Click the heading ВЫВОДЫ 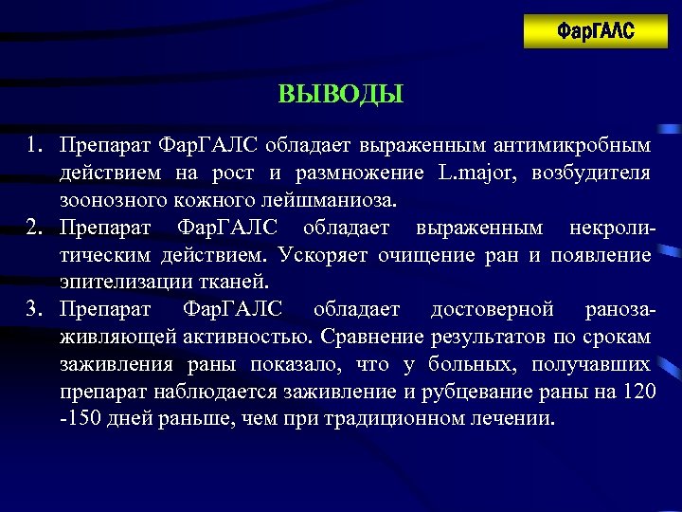pyautogui.click(x=341, y=95)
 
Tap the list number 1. pyautogui.click(x=34, y=146)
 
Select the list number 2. pyautogui.click(x=34, y=229)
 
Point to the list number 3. pyautogui.click(x=34, y=310)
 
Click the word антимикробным pyautogui.click(x=585, y=146)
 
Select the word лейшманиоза pyautogui.click(x=326, y=201)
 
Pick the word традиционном pyautogui.click(x=382, y=419)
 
